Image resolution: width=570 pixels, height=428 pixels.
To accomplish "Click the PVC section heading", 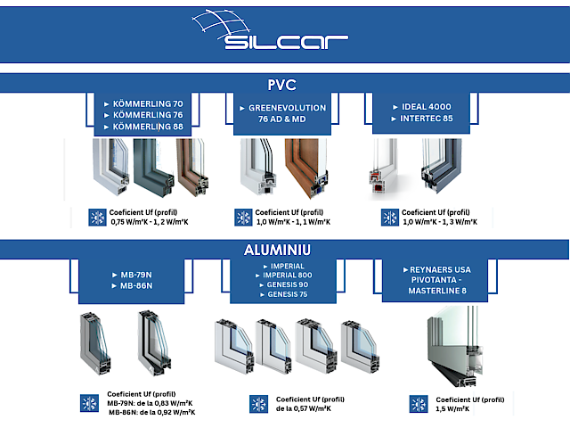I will point(284,85).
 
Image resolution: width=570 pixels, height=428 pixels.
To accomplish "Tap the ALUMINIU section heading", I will point(284,249).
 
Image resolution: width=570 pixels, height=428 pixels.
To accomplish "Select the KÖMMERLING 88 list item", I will point(148,127).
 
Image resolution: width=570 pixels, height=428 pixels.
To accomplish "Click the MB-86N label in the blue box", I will point(137,286).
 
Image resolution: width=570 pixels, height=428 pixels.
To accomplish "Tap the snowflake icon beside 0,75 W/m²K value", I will point(98,218).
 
